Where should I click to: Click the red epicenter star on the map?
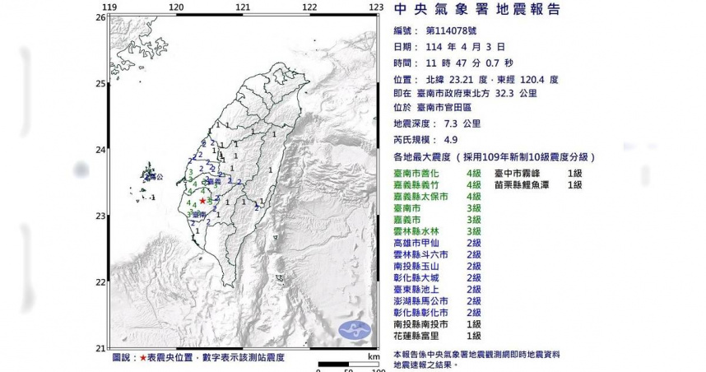pyautogui.click(x=202, y=199)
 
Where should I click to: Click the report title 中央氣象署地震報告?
pyautogui.click(x=478, y=10)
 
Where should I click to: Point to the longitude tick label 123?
pyautogui.click(x=375, y=7)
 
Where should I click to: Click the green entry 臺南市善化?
pyautogui.click(x=421, y=174)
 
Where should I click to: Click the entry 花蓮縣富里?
pyautogui.click(x=421, y=336)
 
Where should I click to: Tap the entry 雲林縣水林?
pyautogui.click(x=421, y=232)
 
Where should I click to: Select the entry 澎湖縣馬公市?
pyautogui.click(x=425, y=301)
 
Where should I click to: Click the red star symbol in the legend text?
pyautogui.click(x=144, y=358)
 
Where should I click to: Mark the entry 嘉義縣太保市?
pyautogui.click(x=425, y=197)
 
